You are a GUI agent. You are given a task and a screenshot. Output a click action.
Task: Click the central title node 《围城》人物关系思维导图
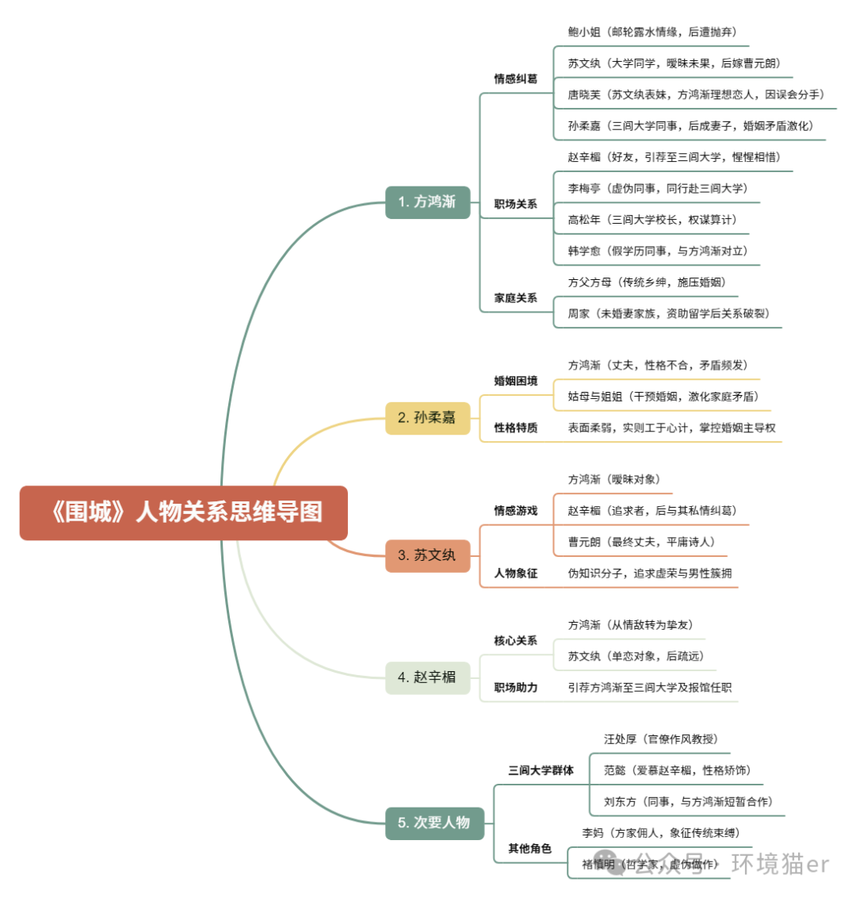(183, 512)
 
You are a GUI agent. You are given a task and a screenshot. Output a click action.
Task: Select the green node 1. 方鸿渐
(427, 202)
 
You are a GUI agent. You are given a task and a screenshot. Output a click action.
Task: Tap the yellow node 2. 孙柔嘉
(427, 417)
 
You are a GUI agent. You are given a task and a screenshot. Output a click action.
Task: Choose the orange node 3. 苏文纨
(427, 555)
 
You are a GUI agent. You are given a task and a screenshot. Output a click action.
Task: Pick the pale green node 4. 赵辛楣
(427, 677)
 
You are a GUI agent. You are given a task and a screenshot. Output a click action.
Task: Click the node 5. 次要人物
(434, 823)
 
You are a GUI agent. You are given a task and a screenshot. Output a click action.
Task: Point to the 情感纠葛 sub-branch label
(515, 79)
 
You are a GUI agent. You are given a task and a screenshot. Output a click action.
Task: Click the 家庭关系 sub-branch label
(515, 298)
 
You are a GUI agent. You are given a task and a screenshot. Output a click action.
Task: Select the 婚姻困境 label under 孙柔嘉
(515, 381)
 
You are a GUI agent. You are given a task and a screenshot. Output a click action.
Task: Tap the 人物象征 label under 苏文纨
(515, 573)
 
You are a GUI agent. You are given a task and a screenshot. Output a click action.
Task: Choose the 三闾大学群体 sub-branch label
(541, 770)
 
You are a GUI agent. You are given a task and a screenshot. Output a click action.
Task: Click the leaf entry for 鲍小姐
(652, 32)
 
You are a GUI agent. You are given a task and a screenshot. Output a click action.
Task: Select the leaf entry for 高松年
(652, 220)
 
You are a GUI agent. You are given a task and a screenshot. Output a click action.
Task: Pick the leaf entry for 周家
(668, 313)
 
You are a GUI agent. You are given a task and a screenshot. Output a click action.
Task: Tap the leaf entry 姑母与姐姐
(663, 397)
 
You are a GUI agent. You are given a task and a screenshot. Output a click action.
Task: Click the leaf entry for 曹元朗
(640, 542)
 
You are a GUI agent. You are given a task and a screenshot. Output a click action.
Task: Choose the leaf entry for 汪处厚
(661, 739)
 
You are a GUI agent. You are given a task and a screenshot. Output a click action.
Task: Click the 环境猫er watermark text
(780, 864)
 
